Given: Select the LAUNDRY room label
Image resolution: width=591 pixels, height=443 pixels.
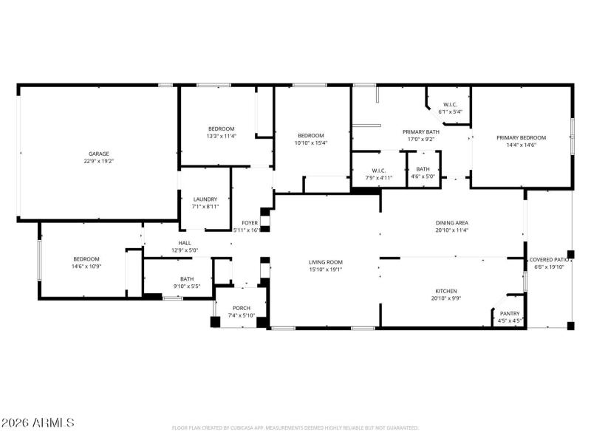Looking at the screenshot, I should [205, 199].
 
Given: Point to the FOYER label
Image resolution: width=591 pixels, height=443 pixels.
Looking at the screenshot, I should [250, 223].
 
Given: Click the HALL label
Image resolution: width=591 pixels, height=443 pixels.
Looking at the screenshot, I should [185, 243].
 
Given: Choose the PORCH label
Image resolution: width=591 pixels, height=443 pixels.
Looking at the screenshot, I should [242, 309].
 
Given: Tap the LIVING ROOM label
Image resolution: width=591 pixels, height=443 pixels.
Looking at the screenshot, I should [326, 261].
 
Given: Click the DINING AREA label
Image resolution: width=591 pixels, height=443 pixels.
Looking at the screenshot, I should [452, 222].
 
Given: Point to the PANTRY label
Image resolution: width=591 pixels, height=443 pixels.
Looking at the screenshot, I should [510, 314].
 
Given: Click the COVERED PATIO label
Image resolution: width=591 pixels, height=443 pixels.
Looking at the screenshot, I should [548, 260].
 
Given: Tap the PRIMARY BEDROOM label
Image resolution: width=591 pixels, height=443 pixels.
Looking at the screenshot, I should [521, 138].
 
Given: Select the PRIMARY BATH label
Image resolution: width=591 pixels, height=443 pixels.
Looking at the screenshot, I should [421, 131].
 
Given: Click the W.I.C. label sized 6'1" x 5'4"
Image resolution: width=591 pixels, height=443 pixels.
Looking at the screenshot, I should [450, 104].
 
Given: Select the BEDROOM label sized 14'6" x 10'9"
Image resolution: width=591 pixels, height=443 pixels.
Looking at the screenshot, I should [86, 258].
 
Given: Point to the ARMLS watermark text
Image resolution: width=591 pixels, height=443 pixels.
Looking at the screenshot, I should [38, 423].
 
